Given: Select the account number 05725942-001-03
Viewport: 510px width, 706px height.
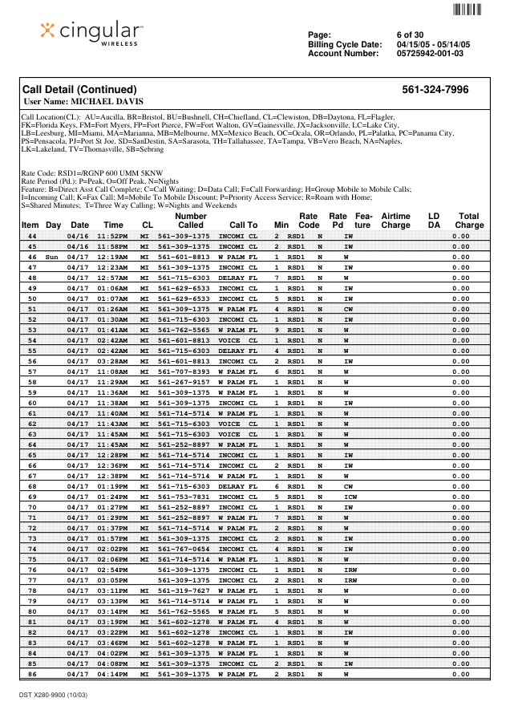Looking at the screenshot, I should (x=430, y=54).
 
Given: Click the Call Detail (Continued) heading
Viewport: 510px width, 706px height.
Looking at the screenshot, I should (x=79, y=90).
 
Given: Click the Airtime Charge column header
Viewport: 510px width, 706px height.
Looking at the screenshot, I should (x=395, y=221).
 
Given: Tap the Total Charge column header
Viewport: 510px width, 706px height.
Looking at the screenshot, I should (x=468, y=221).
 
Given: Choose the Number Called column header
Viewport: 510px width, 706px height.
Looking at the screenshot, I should (x=190, y=221).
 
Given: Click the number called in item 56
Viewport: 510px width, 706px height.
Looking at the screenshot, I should (x=184, y=361).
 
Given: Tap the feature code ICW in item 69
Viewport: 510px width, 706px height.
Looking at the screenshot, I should (x=350, y=497).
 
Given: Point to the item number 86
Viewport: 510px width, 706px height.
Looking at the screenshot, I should (x=32, y=674).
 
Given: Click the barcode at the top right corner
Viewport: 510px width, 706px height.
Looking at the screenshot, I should (x=467, y=10).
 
